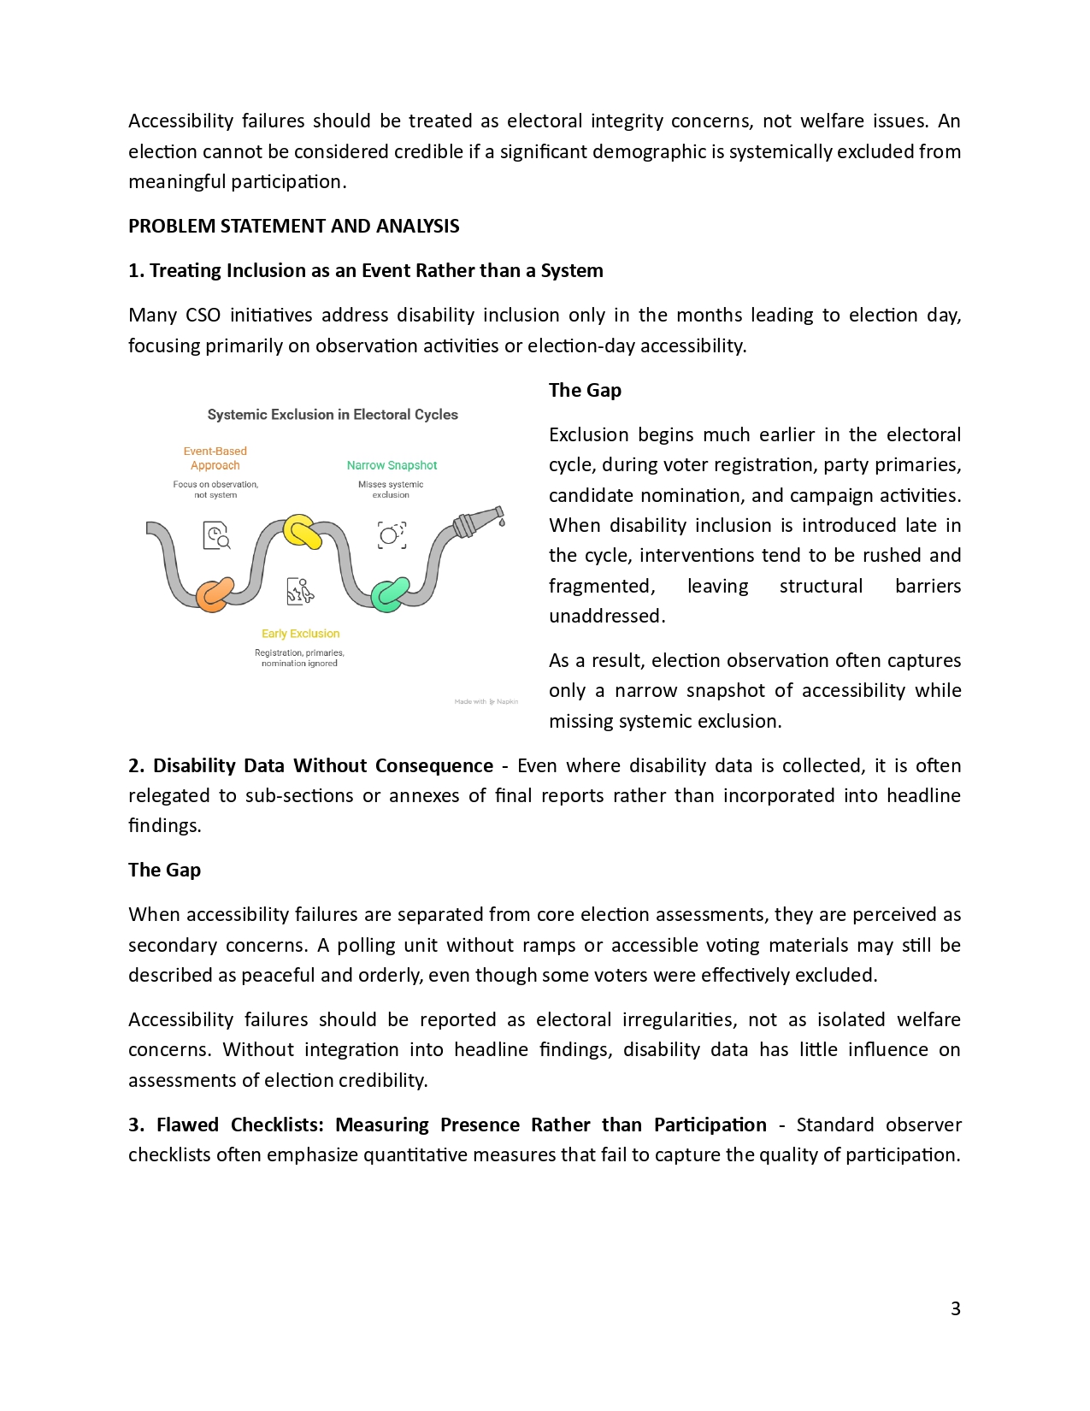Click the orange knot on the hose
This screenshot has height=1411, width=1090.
coord(214,594)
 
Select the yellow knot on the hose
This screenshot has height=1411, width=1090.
coord(302,531)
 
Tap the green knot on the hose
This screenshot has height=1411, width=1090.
coord(390,594)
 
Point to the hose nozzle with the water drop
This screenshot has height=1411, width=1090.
coord(480,521)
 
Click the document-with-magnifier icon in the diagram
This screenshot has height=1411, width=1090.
coord(216,535)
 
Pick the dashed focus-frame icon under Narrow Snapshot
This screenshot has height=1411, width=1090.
coord(392,535)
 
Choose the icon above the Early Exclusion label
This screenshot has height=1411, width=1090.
coord(300,591)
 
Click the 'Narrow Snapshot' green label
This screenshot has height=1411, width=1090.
coord(392,465)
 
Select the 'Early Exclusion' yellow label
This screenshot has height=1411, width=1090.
coord(300,634)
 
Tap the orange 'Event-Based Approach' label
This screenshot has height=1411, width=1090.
coord(215,458)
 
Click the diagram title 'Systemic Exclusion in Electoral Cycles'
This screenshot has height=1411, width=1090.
coord(333,415)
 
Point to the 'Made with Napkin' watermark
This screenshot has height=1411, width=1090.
coord(486,701)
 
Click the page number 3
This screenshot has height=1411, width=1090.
coord(955,1308)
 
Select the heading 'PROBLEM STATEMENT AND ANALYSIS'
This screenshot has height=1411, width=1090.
coord(293,226)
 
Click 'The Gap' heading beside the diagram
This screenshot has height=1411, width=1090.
coord(585,390)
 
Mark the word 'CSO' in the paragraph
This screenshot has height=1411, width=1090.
coord(203,315)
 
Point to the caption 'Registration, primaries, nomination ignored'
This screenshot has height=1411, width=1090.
coord(299,658)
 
